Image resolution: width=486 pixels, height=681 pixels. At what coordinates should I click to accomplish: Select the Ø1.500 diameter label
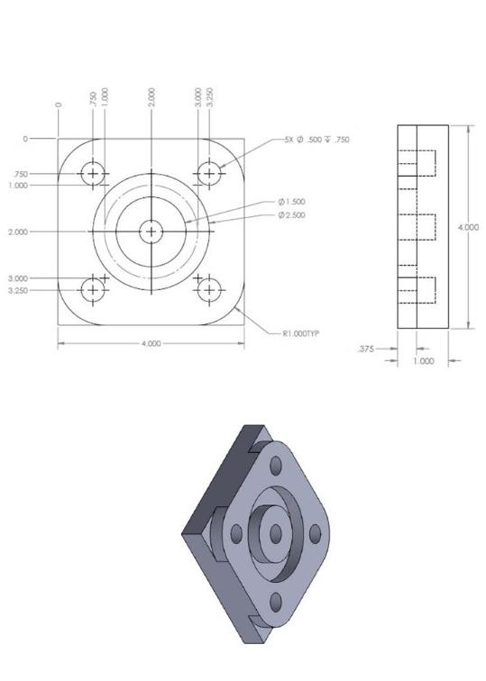[290, 203]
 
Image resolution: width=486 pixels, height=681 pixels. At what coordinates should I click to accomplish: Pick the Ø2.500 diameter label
[290, 215]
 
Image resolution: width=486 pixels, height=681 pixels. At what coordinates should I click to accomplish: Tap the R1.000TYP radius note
[301, 333]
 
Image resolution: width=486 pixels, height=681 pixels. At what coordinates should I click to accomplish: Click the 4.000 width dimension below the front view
[151, 344]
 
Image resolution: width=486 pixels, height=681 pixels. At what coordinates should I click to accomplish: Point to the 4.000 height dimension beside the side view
[468, 227]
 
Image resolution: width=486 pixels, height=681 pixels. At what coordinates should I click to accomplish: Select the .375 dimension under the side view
[366, 349]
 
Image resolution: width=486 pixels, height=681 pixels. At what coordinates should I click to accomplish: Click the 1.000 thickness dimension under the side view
[423, 361]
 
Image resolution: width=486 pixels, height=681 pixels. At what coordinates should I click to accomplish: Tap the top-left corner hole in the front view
[93, 173]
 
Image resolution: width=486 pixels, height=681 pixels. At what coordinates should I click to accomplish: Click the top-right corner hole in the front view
[209, 173]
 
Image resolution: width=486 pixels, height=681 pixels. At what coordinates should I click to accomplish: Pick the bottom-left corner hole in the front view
[93, 290]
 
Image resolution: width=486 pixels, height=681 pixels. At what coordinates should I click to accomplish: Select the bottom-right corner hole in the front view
[209, 290]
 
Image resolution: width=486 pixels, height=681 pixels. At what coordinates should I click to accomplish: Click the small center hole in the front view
[151, 232]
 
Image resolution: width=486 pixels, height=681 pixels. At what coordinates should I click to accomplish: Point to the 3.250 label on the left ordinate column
[17, 291]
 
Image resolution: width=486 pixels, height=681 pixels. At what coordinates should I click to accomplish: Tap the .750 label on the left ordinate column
[20, 174]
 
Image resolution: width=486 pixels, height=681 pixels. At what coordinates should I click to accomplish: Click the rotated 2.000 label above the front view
[151, 96]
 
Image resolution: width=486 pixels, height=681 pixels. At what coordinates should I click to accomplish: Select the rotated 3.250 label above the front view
[210, 96]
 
